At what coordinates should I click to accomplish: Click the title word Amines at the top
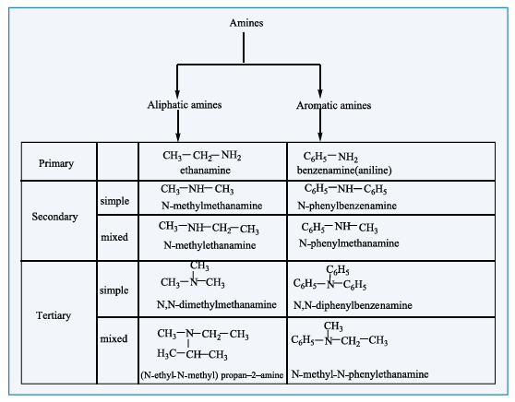(246, 23)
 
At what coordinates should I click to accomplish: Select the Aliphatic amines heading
(185, 105)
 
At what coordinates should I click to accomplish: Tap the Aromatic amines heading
(334, 105)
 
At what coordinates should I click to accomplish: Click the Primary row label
(56, 163)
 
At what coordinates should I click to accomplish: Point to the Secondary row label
(54, 217)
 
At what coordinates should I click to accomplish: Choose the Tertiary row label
(54, 315)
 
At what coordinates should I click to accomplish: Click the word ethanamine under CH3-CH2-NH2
(205, 171)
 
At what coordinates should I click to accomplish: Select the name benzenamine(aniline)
(344, 171)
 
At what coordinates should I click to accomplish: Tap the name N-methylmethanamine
(212, 206)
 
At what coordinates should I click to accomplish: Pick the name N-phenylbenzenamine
(347, 206)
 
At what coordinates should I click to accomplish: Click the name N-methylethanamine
(210, 245)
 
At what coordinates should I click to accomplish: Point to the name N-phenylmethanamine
(349, 243)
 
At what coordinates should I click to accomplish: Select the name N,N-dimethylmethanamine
(217, 304)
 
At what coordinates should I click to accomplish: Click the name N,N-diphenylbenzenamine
(353, 305)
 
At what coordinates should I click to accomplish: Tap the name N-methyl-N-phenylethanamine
(360, 374)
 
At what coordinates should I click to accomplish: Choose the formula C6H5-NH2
(330, 157)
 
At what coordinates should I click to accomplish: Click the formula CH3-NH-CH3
(198, 189)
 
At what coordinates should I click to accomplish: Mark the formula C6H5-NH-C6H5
(345, 189)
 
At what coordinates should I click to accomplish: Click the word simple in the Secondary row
(114, 201)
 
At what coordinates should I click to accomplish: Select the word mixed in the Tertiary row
(114, 338)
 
